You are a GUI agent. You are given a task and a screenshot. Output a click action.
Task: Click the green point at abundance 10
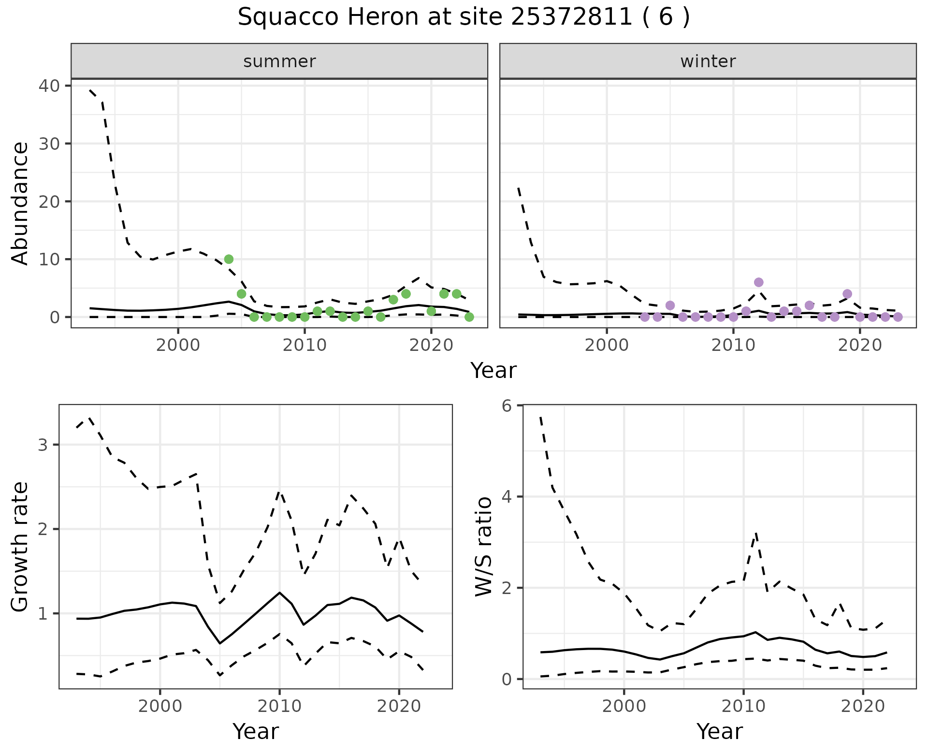229,259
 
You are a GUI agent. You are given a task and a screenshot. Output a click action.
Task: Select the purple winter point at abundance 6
758,282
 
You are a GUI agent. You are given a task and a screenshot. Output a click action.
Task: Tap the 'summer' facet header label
279,61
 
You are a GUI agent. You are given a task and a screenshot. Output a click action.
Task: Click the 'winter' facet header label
708,61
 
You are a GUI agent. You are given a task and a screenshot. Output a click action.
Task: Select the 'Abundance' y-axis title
20,203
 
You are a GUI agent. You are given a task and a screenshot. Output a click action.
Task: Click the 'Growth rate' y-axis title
20,547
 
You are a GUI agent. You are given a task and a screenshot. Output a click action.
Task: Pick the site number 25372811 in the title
571,17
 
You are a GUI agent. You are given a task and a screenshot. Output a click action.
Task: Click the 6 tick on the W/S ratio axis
507,406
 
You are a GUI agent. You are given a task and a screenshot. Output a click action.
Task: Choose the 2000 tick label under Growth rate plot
160,706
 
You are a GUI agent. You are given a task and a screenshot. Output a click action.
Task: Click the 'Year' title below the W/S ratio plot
719,731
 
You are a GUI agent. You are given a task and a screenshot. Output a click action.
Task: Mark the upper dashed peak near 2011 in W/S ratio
755,533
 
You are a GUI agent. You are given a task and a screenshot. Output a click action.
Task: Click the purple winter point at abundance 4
847,294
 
